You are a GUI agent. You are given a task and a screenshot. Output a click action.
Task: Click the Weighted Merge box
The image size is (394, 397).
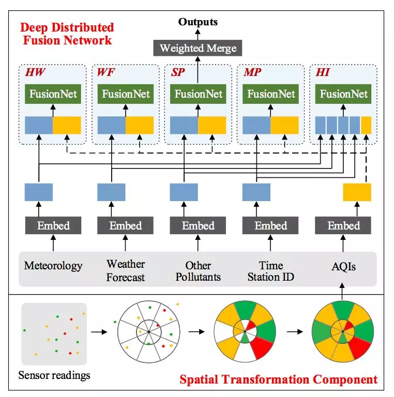point(198,49)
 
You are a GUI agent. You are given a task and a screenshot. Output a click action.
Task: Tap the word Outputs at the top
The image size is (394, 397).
point(198,22)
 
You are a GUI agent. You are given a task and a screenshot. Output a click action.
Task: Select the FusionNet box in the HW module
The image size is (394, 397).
point(53,94)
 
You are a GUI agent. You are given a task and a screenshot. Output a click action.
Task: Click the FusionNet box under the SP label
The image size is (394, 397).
point(198,94)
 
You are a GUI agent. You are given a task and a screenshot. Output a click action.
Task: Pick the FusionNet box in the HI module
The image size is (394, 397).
point(343,94)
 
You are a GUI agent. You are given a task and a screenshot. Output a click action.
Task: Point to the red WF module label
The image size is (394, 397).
point(105,71)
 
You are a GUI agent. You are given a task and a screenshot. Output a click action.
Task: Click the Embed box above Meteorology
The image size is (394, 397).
point(53,225)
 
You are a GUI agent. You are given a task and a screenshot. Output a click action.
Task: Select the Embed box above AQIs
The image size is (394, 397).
point(344,225)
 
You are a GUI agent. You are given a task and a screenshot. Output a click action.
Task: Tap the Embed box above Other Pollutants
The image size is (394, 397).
point(198,225)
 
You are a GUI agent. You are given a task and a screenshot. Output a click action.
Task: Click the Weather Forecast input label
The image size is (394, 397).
point(126,270)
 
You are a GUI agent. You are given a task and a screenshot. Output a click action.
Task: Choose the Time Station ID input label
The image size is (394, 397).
point(270,270)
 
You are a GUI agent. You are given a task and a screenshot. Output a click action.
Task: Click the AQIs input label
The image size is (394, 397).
point(344,267)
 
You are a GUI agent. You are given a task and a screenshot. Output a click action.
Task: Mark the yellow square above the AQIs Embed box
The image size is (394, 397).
point(357,192)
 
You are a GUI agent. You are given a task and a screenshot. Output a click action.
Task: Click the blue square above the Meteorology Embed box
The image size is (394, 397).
point(39,192)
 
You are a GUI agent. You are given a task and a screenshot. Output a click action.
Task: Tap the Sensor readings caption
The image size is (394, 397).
point(53,375)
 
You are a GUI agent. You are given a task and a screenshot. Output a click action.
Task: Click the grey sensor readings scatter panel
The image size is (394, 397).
point(53,334)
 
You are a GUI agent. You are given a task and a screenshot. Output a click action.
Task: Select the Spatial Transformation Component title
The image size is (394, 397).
point(278,380)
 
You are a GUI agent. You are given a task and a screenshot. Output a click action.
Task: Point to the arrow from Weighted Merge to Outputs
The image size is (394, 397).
point(198,34)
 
